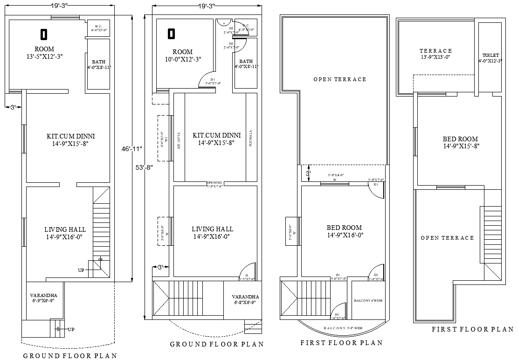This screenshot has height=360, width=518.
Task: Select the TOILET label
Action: (490, 58)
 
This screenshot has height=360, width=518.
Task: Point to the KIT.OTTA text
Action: (179, 139)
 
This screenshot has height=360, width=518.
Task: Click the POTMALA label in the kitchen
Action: (251, 138)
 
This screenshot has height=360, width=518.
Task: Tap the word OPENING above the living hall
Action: (214, 183)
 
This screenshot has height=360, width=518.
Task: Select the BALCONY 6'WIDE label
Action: (368, 301)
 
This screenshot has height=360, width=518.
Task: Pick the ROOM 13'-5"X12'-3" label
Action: (44, 52)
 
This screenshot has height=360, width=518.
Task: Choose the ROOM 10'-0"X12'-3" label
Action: (182, 55)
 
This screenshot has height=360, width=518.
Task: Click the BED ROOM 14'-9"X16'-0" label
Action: (344, 231)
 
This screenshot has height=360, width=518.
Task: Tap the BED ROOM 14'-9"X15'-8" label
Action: (460, 142)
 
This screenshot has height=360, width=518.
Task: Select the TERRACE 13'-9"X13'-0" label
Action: (435, 54)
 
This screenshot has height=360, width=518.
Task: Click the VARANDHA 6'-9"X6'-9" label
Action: (43, 298)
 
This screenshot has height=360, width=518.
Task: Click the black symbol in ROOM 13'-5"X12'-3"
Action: (44, 34)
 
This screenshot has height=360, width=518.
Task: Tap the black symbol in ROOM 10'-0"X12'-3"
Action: (171, 34)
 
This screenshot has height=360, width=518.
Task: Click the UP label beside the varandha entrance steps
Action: (71, 329)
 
